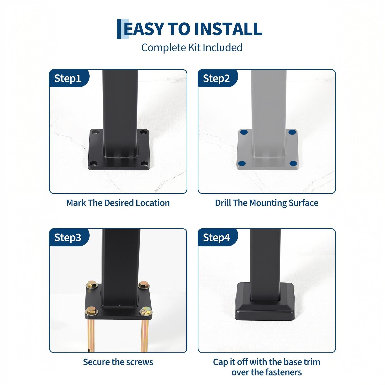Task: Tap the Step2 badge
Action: (x=217, y=78)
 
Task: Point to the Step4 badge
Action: (x=217, y=237)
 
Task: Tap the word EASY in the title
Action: (x=143, y=29)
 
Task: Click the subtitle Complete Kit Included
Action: (x=192, y=48)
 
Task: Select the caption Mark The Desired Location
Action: (x=118, y=203)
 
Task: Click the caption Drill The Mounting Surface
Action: (x=267, y=203)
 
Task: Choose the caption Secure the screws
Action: (x=118, y=362)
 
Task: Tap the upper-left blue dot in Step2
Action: (x=244, y=132)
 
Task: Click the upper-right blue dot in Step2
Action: (x=292, y=132)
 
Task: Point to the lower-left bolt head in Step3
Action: (x=91, y=311)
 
